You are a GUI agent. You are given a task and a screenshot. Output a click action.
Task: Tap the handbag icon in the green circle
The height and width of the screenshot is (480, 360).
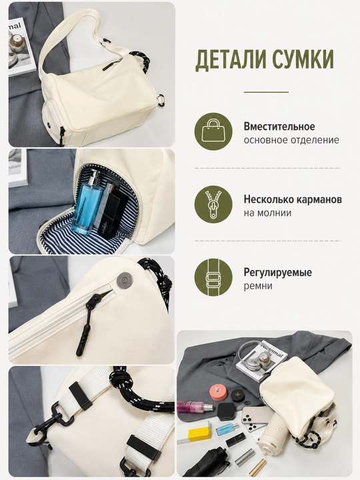tap(213, 131)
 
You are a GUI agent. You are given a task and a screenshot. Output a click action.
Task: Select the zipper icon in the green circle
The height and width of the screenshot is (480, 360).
tap(213, 204)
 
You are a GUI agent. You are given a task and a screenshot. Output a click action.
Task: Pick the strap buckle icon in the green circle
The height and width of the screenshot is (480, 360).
tap(213, 277)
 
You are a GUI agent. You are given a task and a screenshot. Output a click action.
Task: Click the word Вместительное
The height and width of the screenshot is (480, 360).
tap(279, 127)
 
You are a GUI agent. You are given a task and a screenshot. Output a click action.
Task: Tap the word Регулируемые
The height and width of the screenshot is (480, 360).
tap(277, 273)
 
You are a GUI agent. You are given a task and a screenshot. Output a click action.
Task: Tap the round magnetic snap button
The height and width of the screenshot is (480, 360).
tap(125, 280)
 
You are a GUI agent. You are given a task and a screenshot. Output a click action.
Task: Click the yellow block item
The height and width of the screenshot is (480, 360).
tap(199, 435)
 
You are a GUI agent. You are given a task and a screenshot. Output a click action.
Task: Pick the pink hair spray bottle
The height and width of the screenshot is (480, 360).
tap(195, 407)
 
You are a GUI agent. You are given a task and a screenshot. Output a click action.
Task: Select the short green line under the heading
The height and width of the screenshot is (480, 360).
tap(266, 92)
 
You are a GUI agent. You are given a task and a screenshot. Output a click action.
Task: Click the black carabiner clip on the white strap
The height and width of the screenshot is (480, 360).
tap(49, 419)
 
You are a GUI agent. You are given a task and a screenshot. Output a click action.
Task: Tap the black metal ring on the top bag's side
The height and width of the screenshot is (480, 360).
tap(161, 100)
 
